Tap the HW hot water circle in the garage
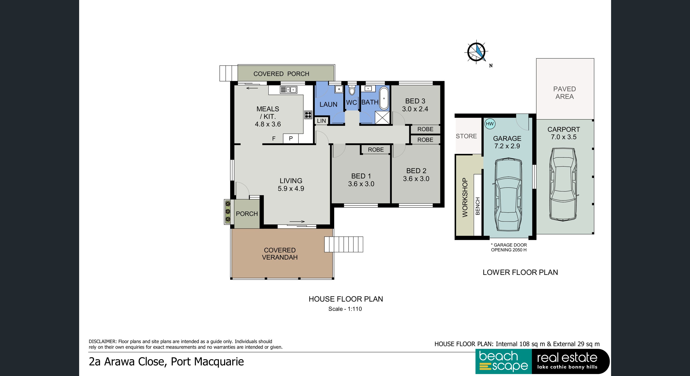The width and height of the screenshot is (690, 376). click(490, 124)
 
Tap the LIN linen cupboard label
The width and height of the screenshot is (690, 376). click(321, 121)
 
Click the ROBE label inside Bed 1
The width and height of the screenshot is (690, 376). click(376, 150)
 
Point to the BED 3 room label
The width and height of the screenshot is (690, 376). click(415, 101)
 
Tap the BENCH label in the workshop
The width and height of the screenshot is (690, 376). click(478, 206)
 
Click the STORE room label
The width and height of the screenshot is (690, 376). click(466, 136)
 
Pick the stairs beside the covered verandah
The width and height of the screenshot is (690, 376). click(344, 244)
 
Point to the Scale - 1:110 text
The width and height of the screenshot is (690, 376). click(345, 309)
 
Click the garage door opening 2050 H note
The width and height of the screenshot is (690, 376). click(509, 248)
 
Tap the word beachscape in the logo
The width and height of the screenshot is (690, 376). click(503, 361)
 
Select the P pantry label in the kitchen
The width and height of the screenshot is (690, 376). click(291, 138)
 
